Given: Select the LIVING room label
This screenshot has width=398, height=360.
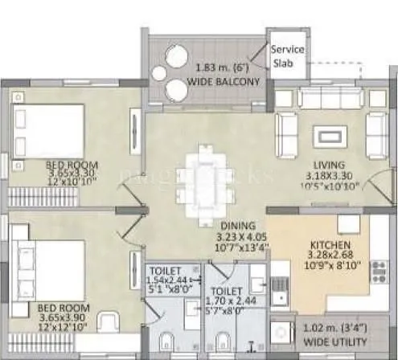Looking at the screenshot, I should (330, 166).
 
